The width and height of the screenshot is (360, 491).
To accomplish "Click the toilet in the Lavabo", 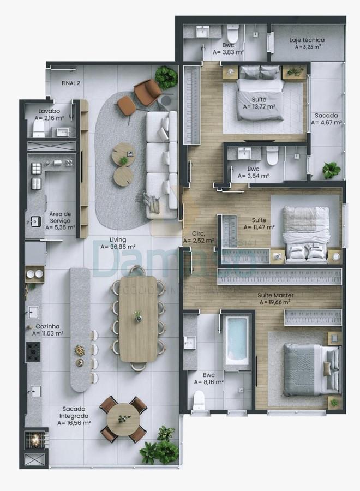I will pos(38,128).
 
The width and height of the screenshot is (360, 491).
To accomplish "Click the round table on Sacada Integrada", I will pos(123,419).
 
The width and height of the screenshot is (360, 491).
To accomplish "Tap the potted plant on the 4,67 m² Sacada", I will pos(331,170).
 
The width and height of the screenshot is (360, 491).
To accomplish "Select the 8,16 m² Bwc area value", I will pos(209,382).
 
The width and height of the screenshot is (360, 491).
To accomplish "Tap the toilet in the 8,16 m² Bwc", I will pos(199,401).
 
